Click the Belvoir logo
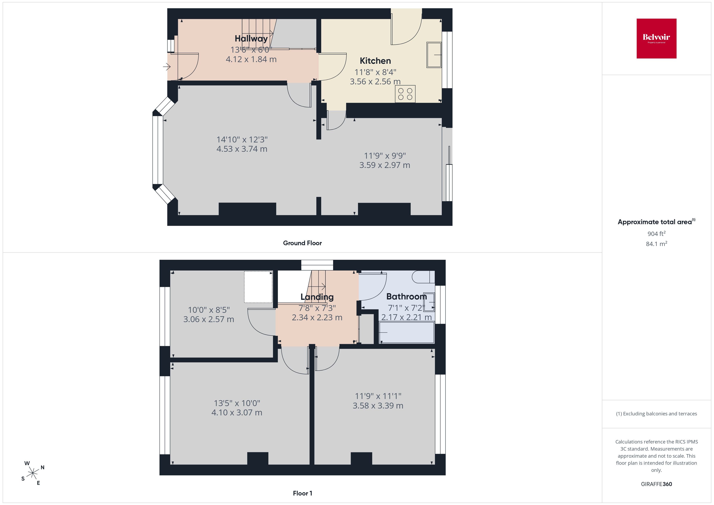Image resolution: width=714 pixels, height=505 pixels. [657, 39]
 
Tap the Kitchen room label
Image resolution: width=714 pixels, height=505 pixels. [375, 61]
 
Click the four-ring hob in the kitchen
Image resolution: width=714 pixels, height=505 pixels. [405, 94]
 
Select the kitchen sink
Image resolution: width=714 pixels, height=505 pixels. [434, 55]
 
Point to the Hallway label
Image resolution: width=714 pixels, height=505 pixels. [251, 39]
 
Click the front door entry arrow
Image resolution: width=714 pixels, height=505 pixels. [167, 67]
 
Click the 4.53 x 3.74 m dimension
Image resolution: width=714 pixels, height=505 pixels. [242, 149]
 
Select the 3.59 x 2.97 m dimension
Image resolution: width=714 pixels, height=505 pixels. [385, 165]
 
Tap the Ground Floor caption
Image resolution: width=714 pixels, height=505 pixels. [302, 243]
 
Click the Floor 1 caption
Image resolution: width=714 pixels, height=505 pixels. [303, 493]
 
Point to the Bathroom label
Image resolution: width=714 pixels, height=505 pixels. [406, 296]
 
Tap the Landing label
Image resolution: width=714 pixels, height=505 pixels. [317, 297]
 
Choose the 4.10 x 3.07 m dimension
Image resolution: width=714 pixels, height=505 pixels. [237, 413]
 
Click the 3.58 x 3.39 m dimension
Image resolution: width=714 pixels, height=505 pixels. [378, 406]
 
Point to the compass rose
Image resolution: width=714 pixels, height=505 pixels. [33, 473]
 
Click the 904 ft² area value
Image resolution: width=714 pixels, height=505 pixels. [657, 233]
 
